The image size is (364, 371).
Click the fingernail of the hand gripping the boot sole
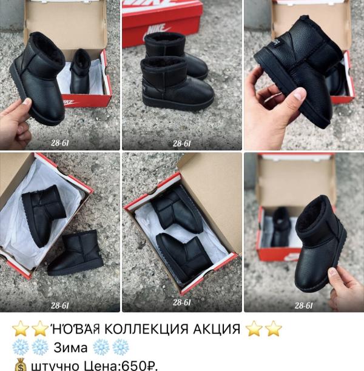pyautogui.click(x=299, y=94)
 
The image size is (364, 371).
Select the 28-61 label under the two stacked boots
pyautogui.click(x=181, y=144)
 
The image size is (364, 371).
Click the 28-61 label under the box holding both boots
pyautogui.click(x=181, y=302)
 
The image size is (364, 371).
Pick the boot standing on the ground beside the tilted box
pyautogui.click(x=76, y=253)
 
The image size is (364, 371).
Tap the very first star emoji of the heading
pyautogui.click(x=20, y=329)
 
